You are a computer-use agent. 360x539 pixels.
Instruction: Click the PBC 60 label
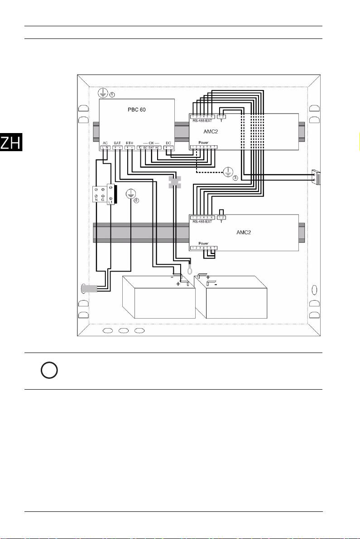136,110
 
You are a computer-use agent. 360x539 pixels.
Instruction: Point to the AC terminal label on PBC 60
105,142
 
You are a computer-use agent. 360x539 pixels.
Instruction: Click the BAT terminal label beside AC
117,142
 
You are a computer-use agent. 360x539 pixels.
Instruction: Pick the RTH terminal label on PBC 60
130,142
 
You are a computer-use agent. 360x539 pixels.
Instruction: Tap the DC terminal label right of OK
168,142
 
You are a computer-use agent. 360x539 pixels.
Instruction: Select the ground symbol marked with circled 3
229,172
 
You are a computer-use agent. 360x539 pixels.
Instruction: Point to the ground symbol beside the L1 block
130,194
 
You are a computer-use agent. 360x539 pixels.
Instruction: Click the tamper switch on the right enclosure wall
317,177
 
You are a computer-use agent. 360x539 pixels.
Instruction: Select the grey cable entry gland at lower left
87,288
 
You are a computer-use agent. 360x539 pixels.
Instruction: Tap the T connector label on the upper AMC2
222,121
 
